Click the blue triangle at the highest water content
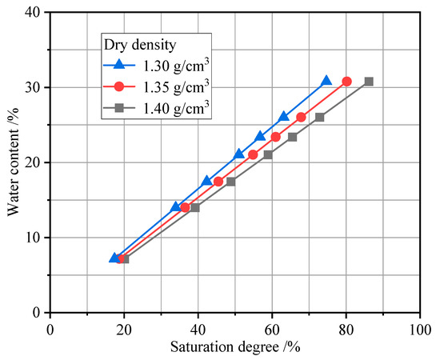[326, 81]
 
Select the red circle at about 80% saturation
[346, 82]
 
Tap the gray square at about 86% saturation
[369, 82]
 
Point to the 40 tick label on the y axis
[35, 12]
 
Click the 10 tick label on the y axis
[35, 238]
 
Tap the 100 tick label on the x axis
[420, 328]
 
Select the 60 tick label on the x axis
[272, 328]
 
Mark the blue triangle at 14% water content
[176, 206]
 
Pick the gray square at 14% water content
[194, 207]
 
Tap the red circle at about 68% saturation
[301, 118]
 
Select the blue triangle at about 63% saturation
[283, 117]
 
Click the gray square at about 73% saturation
[320, 118]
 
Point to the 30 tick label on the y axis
[35, 87]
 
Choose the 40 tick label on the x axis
[198, 328]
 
